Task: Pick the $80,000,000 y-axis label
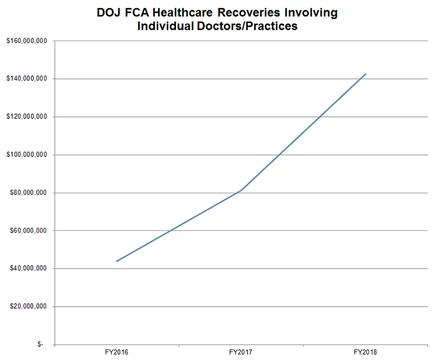tap(28, 193)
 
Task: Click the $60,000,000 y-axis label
tap(28, 231)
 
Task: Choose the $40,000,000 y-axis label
tap(28, 269)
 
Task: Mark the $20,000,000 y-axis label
tap(28, 307)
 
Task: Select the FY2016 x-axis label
tap(117, 353)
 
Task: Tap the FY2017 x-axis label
tap(241, 353)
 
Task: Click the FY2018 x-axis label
tap(365, 353)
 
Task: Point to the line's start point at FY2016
tap(117, 261)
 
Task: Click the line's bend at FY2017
tap(241, 191)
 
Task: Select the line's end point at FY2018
tap(365, 74)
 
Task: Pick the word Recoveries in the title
tap(256, 13)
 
